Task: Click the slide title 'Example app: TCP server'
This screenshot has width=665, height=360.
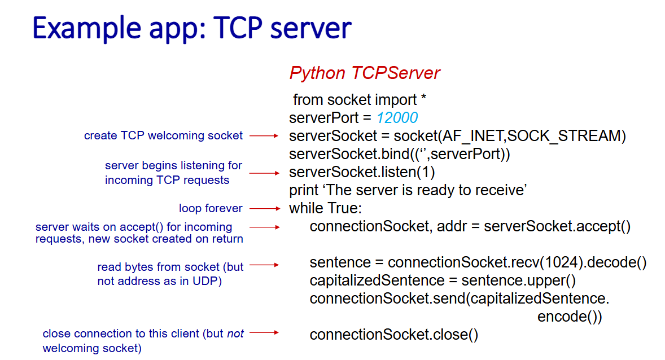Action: pos(192,29)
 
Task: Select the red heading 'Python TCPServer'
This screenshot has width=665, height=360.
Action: pos(364,73)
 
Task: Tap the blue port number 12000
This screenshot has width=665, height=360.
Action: pos(397,117)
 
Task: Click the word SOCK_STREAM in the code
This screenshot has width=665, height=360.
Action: pos(563,135)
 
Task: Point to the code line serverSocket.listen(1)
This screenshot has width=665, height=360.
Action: pos(362,172)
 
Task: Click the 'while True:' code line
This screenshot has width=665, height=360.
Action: pos(325,208)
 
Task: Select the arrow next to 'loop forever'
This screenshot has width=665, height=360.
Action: pos(265,209)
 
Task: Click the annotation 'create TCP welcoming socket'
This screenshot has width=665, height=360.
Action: pos(163,135)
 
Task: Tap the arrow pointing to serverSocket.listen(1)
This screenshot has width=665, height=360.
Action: pos(265,173)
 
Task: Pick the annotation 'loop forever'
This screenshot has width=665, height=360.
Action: pos(211,208)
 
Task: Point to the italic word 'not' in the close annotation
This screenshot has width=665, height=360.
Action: pos(235,333)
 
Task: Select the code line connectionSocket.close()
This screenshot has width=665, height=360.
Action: pos(393,335)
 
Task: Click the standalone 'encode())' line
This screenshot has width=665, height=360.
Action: pos(570,317)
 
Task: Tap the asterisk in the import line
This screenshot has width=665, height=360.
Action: pos(423,98)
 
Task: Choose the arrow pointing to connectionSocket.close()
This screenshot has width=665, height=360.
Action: pos(265,332)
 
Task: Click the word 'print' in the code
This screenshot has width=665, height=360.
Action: pos(303,190)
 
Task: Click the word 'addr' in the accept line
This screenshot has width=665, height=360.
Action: pos(452,226)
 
